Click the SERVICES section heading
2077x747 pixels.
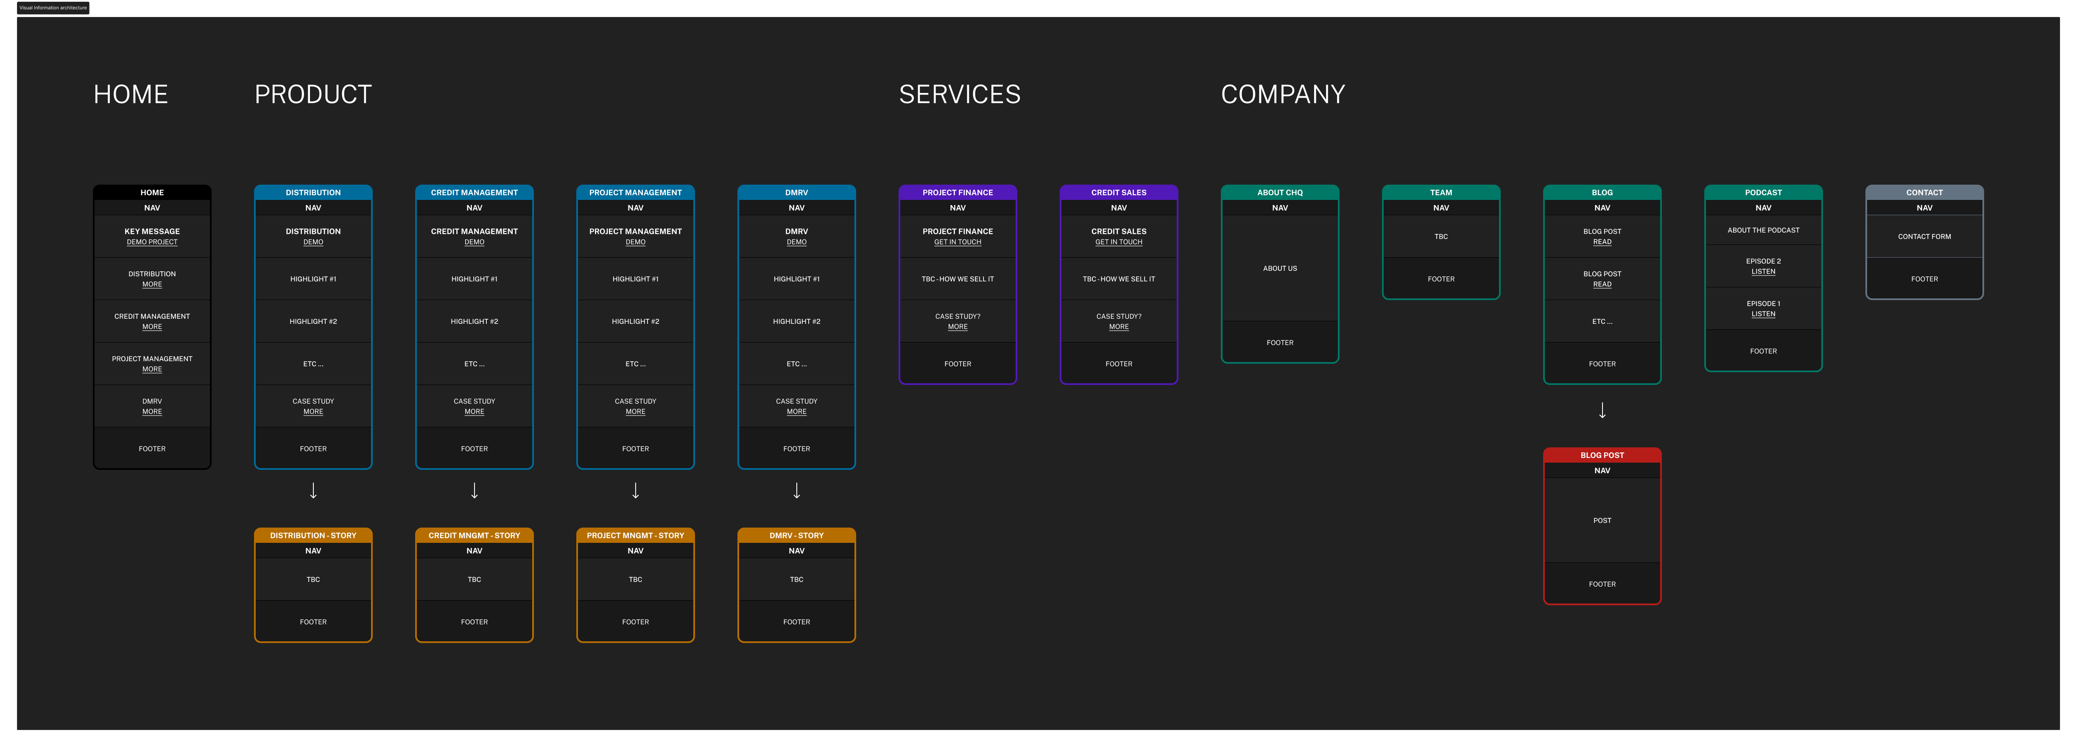[x=960, y=94]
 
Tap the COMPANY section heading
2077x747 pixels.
[x=1283, y=94]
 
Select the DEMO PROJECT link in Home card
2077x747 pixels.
[x=151, y=242]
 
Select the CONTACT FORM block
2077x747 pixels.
[x=1925, y=236]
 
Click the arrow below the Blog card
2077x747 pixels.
[x=1602, y=410]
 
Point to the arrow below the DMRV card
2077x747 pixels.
[x=797, y=491]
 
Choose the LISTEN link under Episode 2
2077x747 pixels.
[x=1763, y=272]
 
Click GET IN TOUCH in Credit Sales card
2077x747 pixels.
[x=1119, y=242]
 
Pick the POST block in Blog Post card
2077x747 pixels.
[x=1602, y=520]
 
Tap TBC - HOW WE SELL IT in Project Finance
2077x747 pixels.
[x=958, y=279]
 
